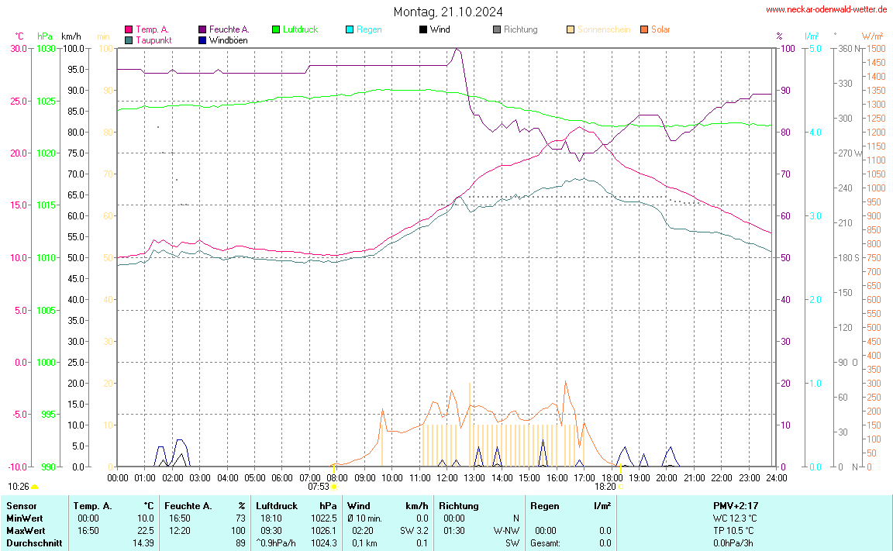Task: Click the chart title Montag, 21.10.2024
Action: point(447,12)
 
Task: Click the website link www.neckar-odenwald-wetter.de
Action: point(826,9)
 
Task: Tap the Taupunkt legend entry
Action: point(153,40)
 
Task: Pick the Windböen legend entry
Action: point(228,40)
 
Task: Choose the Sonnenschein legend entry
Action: point(604,29)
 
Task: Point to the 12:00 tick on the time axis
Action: point(446,477)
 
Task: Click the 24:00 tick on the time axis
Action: point(775,477)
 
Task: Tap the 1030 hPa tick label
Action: point(47,48)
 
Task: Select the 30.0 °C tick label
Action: point(19,48)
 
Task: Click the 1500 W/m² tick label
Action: point(875,48)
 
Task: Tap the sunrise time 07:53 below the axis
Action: point(319,487)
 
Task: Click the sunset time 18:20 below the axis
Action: point(605,487)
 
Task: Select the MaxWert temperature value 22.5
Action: point(145,530)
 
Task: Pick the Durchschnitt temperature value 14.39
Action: point(142,542)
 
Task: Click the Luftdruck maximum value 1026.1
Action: point(323,530)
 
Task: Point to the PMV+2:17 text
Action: point(735,505)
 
